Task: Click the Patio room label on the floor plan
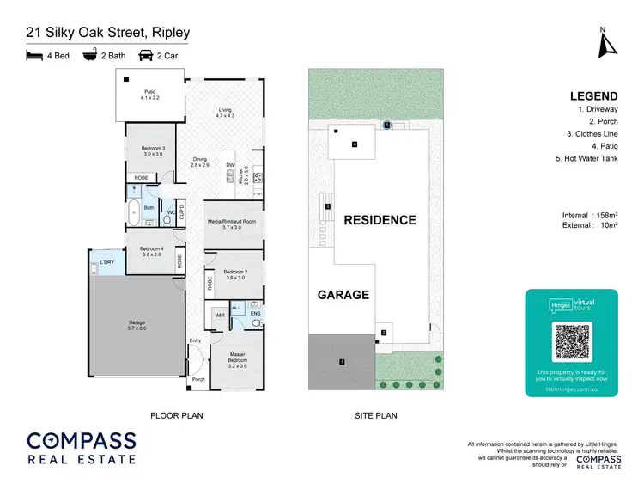(150, 94)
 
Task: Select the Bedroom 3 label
(152, 150)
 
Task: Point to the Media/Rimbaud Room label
(233, 224)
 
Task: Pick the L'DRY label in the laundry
(106, 261)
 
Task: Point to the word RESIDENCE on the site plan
(380, 220)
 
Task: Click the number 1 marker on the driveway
(342, 362)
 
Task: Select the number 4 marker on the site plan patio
(354, 144)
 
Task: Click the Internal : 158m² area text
(592, 215)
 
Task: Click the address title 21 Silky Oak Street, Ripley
(107, 34)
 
